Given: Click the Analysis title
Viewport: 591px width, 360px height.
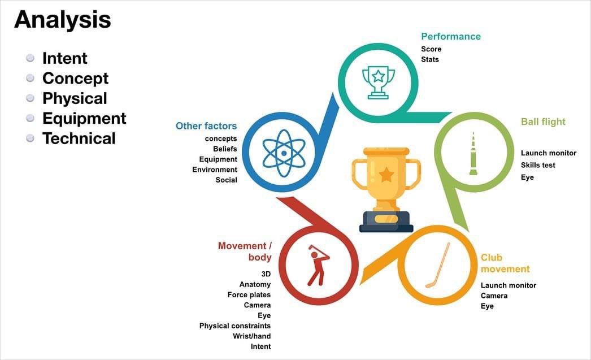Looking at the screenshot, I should (x=62, y=20).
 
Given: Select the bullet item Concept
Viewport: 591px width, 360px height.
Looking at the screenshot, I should (x=75, y=78).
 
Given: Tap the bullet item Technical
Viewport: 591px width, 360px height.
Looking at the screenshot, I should (x=79, y=138).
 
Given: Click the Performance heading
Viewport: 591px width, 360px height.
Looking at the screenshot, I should (x=451, y=37).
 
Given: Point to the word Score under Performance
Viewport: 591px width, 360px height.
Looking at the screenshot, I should (x=431, y=49).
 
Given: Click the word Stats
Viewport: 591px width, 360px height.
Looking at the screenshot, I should (x=430, y=59).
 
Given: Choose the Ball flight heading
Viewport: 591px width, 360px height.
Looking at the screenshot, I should (x=543, y=122).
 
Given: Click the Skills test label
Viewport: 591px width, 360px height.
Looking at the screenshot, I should (x=538, y=165).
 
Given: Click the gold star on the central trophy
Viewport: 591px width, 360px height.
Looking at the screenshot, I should (x=386, y=175).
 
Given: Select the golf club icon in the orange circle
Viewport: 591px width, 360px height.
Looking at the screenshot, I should (x=438, y=265).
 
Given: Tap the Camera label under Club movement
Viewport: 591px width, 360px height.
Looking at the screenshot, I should (x=494, y=296).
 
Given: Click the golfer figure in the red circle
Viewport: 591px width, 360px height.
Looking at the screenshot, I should (x=318, y=264).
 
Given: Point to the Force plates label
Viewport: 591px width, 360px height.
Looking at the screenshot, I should (x=249, y=295).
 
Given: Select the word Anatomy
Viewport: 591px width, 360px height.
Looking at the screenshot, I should (x=255, y=285).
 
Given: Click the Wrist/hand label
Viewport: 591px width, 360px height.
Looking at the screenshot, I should (x=252, y=336).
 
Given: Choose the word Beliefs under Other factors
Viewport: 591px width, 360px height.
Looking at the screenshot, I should (x=225, y=149).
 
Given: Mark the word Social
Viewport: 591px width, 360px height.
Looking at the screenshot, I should (x=226, y=180).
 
